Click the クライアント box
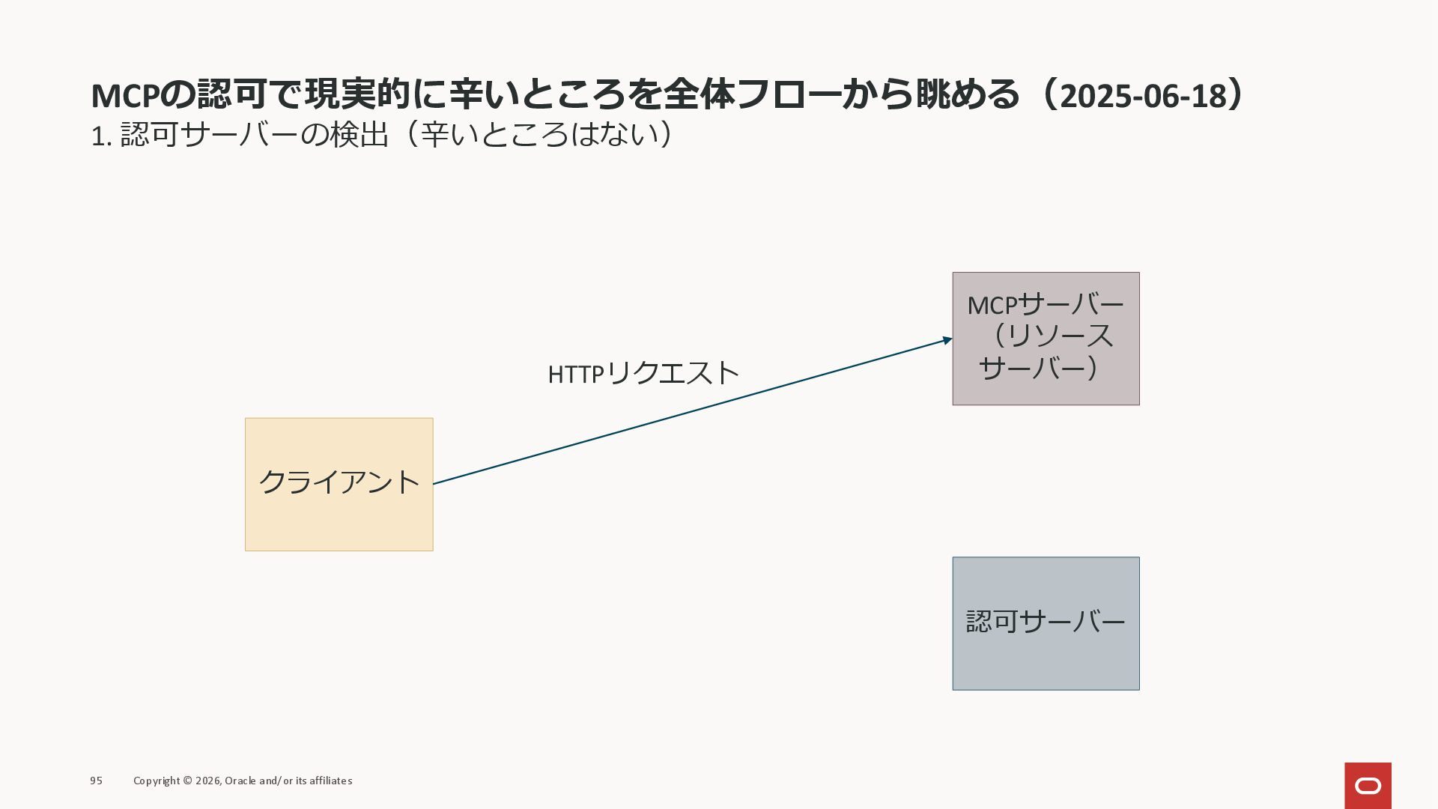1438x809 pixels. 339,484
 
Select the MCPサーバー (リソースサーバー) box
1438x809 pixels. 1046,339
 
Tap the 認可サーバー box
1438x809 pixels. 1046,623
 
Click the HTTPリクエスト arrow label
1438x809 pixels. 643,373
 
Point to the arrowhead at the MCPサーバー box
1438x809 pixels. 947,341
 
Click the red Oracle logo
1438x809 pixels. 1368,785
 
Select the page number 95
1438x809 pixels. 96,781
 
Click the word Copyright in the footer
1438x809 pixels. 157,781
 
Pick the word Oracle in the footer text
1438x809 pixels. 240,781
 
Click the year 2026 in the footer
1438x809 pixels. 208,781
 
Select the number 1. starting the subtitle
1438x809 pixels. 101,136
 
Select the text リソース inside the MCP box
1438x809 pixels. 1061,336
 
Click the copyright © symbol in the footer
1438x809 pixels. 187,781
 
